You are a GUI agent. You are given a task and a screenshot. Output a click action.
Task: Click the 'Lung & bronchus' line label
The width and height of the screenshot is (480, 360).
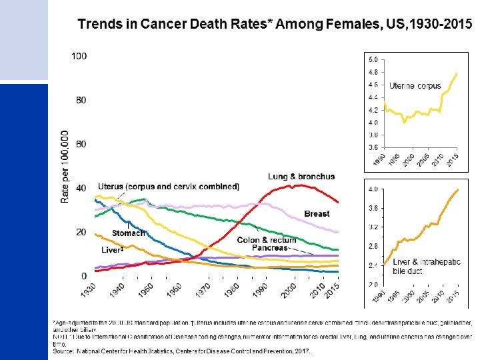point(301,177)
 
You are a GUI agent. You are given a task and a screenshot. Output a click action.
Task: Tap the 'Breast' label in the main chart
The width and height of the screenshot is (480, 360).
point(317,214)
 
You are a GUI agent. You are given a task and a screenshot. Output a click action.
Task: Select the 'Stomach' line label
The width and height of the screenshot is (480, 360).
point(129,233)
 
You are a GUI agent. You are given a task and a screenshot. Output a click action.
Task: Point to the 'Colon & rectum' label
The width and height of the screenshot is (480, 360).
point(267,240)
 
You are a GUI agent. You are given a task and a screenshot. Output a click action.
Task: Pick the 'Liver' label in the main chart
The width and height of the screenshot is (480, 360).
point(112,250)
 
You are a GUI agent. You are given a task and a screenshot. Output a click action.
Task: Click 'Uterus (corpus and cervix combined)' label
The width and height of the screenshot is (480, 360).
point(168,187)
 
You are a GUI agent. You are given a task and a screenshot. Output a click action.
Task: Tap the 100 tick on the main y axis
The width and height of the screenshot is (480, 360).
point(79,56)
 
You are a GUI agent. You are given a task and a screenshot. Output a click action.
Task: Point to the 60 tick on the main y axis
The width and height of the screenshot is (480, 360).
point(81,144)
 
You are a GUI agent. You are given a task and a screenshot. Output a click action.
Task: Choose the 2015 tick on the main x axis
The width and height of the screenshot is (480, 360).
point(335,291)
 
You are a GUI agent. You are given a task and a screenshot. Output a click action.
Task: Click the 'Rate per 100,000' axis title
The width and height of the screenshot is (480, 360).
point(65,166)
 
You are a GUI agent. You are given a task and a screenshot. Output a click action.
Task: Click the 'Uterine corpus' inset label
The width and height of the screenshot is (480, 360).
point(415,86)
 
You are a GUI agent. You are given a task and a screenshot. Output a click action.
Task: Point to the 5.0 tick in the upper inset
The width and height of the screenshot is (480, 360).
point(373,61)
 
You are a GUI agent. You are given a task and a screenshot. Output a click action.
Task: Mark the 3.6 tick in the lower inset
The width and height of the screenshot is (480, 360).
point(373,209)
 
